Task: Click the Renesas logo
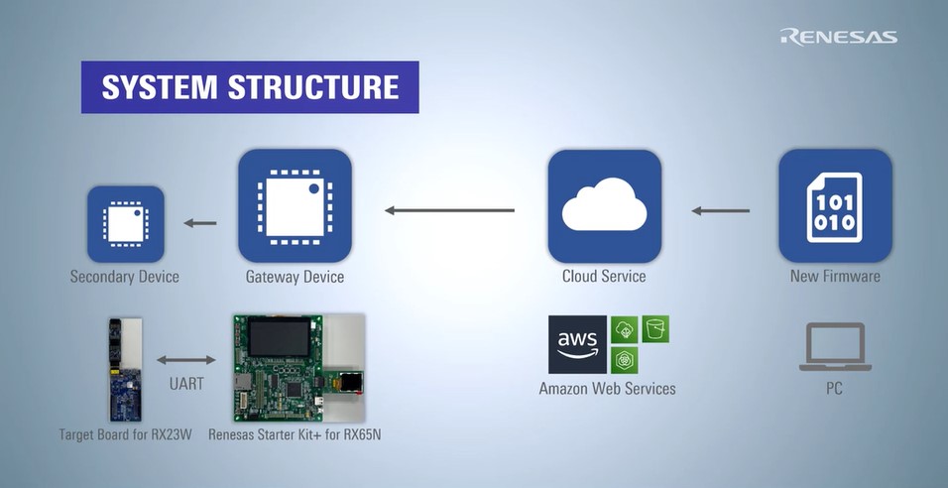838,37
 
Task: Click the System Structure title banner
250,87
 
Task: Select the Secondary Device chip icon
125,223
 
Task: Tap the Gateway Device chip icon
295,205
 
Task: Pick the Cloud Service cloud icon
604,205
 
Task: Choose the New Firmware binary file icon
835,205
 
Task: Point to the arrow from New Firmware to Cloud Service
720,210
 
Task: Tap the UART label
186,383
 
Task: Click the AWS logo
577,344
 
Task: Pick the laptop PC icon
834,348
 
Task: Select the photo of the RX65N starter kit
298,367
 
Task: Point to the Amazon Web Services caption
607,389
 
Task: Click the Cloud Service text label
604,276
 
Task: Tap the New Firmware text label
835,276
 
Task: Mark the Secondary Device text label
125,276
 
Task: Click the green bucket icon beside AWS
655,328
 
